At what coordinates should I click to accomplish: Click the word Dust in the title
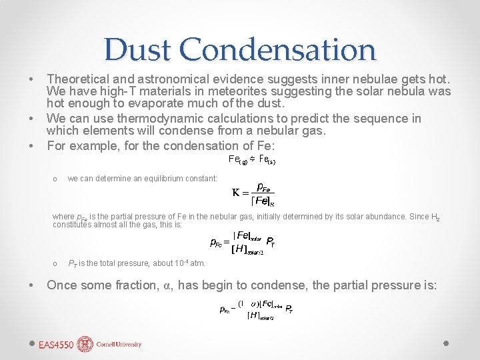[x=137, y=50]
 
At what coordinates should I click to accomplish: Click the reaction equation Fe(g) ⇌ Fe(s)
[x=252, y=160]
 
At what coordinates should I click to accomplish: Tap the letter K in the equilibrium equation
[x=235, y=193]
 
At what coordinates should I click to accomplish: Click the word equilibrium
[x=150, y=179]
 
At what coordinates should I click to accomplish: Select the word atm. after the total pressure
[x=198, y=264]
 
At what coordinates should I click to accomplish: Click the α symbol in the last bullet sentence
[x=168, y=285]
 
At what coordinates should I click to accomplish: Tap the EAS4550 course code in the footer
[x=56, y=345]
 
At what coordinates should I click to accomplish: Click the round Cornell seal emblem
[x=85, y=344]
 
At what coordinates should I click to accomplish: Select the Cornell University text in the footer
[x=119, y=345]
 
